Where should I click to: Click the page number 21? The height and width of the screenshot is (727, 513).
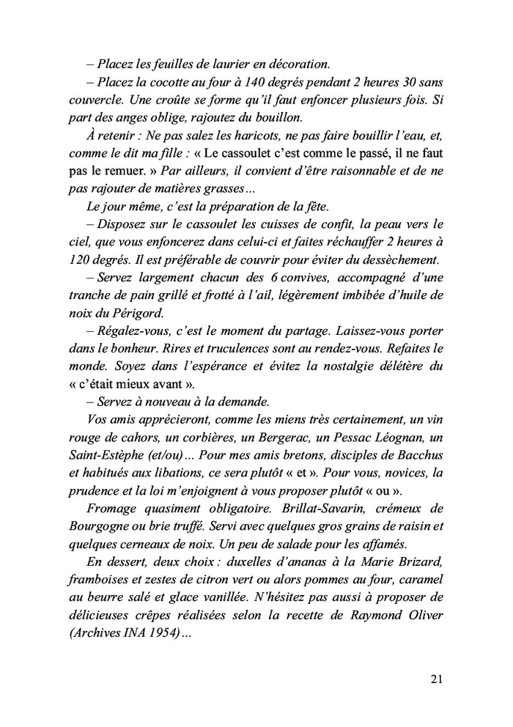435,679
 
